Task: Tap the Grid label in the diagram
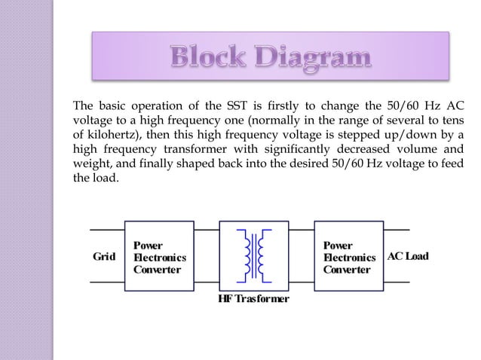pyautogui.click(x=103, y=256)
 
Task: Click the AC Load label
pyautogui.click(x=408, y=256)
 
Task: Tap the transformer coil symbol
pyautogui.click(x=254, y=255)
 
